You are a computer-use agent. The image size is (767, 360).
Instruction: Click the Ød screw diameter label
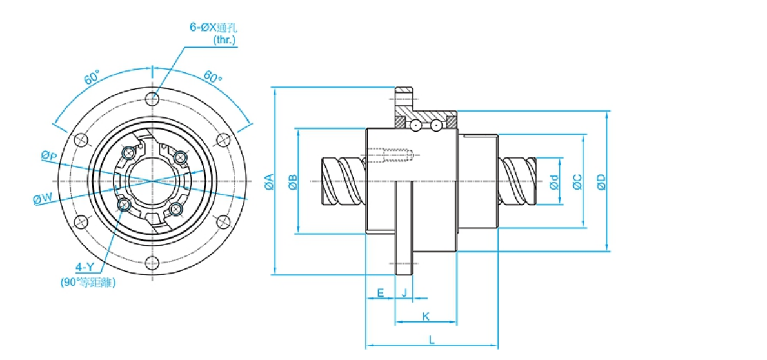555,182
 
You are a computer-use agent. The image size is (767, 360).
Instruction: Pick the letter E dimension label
381,293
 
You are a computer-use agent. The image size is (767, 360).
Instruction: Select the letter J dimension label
404,293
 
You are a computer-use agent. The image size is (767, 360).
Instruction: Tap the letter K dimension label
426,315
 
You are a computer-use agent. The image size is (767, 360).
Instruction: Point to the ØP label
49,155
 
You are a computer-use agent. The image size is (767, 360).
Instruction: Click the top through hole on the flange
152,99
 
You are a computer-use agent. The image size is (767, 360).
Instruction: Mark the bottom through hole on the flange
152,263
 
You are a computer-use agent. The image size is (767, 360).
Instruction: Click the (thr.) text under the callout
224,39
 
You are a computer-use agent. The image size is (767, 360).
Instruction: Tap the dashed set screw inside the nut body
390,155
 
